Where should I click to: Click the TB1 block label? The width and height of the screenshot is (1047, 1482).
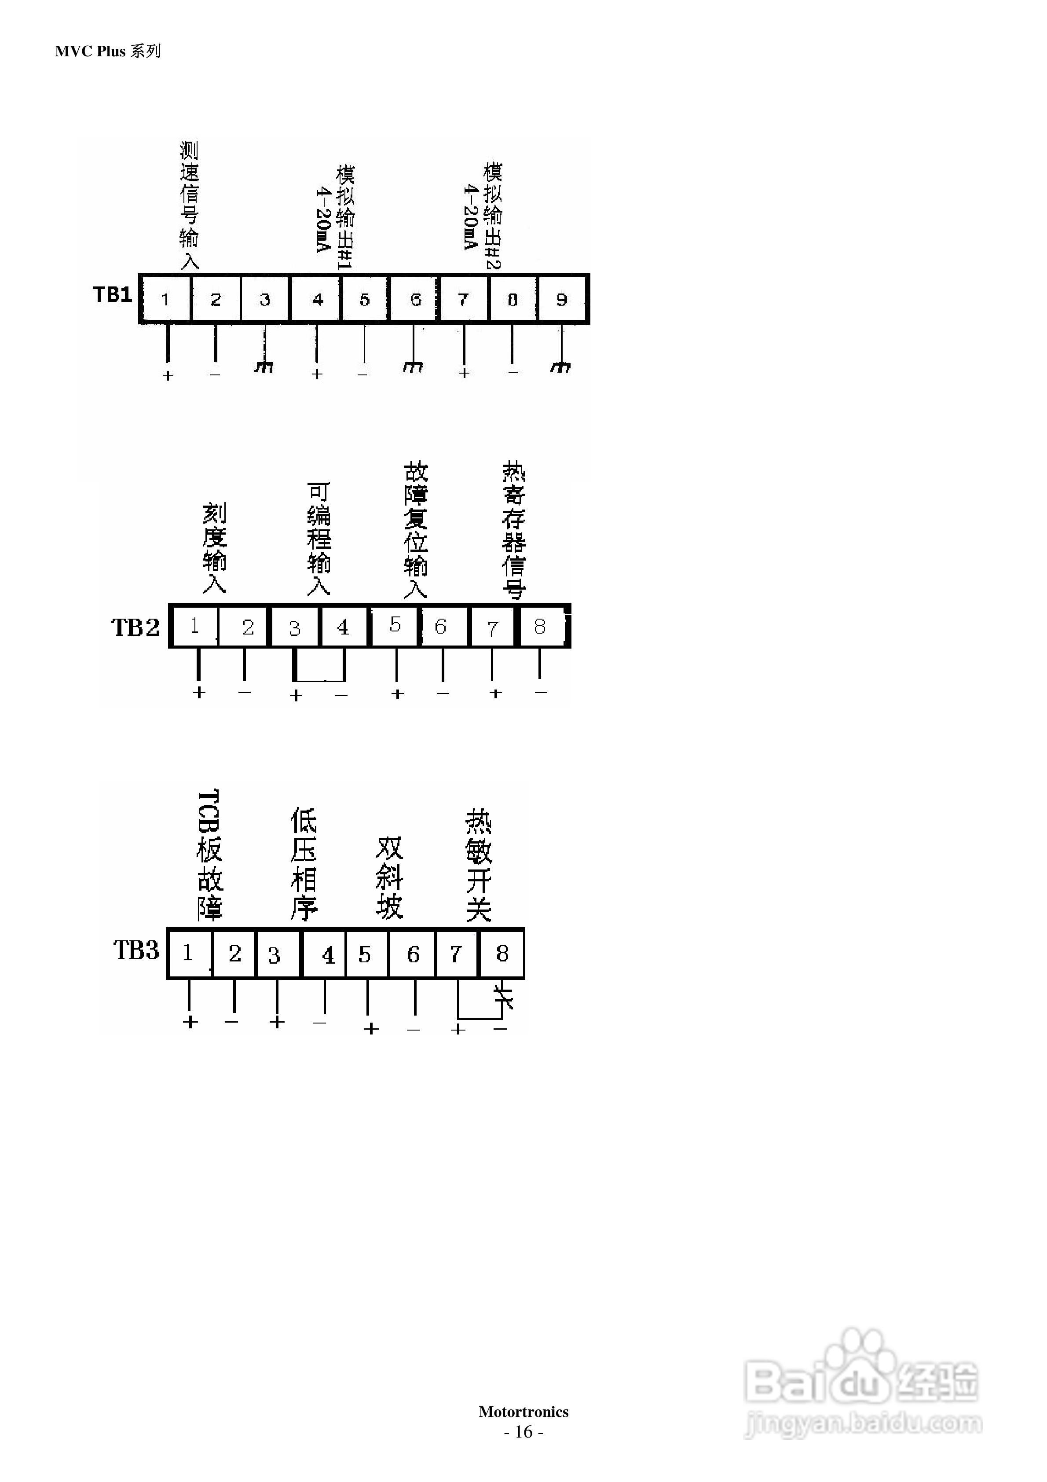pos(112,295)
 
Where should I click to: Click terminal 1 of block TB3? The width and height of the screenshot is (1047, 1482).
pos(188,953)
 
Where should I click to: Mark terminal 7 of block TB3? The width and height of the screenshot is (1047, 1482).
pos(456,954)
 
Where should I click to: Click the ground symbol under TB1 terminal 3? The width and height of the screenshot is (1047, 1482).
pos(264,367)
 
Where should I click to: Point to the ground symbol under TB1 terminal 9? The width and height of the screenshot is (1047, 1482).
pos(560,367)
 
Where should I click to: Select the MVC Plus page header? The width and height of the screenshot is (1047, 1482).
pos(108,51)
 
